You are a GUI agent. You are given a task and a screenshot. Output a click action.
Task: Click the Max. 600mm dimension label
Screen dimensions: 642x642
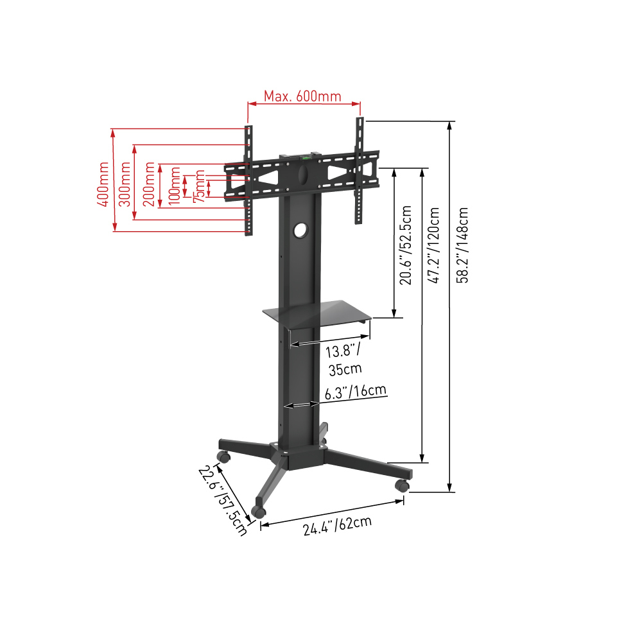302,96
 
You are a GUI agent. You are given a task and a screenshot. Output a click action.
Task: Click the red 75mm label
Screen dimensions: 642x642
200,187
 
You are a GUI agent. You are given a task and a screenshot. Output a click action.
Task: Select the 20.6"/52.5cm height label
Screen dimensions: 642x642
406,245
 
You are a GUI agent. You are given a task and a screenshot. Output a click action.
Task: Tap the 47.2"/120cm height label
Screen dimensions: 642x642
435,245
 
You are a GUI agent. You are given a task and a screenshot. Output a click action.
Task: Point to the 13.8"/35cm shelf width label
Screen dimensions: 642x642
343,360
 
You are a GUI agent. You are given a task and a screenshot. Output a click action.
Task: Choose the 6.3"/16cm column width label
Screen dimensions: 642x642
355,392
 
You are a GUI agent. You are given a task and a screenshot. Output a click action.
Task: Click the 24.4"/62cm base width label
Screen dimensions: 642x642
338,526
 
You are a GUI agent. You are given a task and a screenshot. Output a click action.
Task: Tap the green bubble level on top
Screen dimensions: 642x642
306,155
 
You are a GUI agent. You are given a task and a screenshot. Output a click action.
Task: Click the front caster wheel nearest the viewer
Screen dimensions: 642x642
259,511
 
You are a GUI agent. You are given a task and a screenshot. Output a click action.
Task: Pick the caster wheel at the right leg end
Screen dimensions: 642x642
402,485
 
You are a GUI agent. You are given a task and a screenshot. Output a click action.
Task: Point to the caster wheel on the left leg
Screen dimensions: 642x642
223,457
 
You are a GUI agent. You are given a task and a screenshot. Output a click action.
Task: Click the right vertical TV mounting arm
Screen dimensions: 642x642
360,170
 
